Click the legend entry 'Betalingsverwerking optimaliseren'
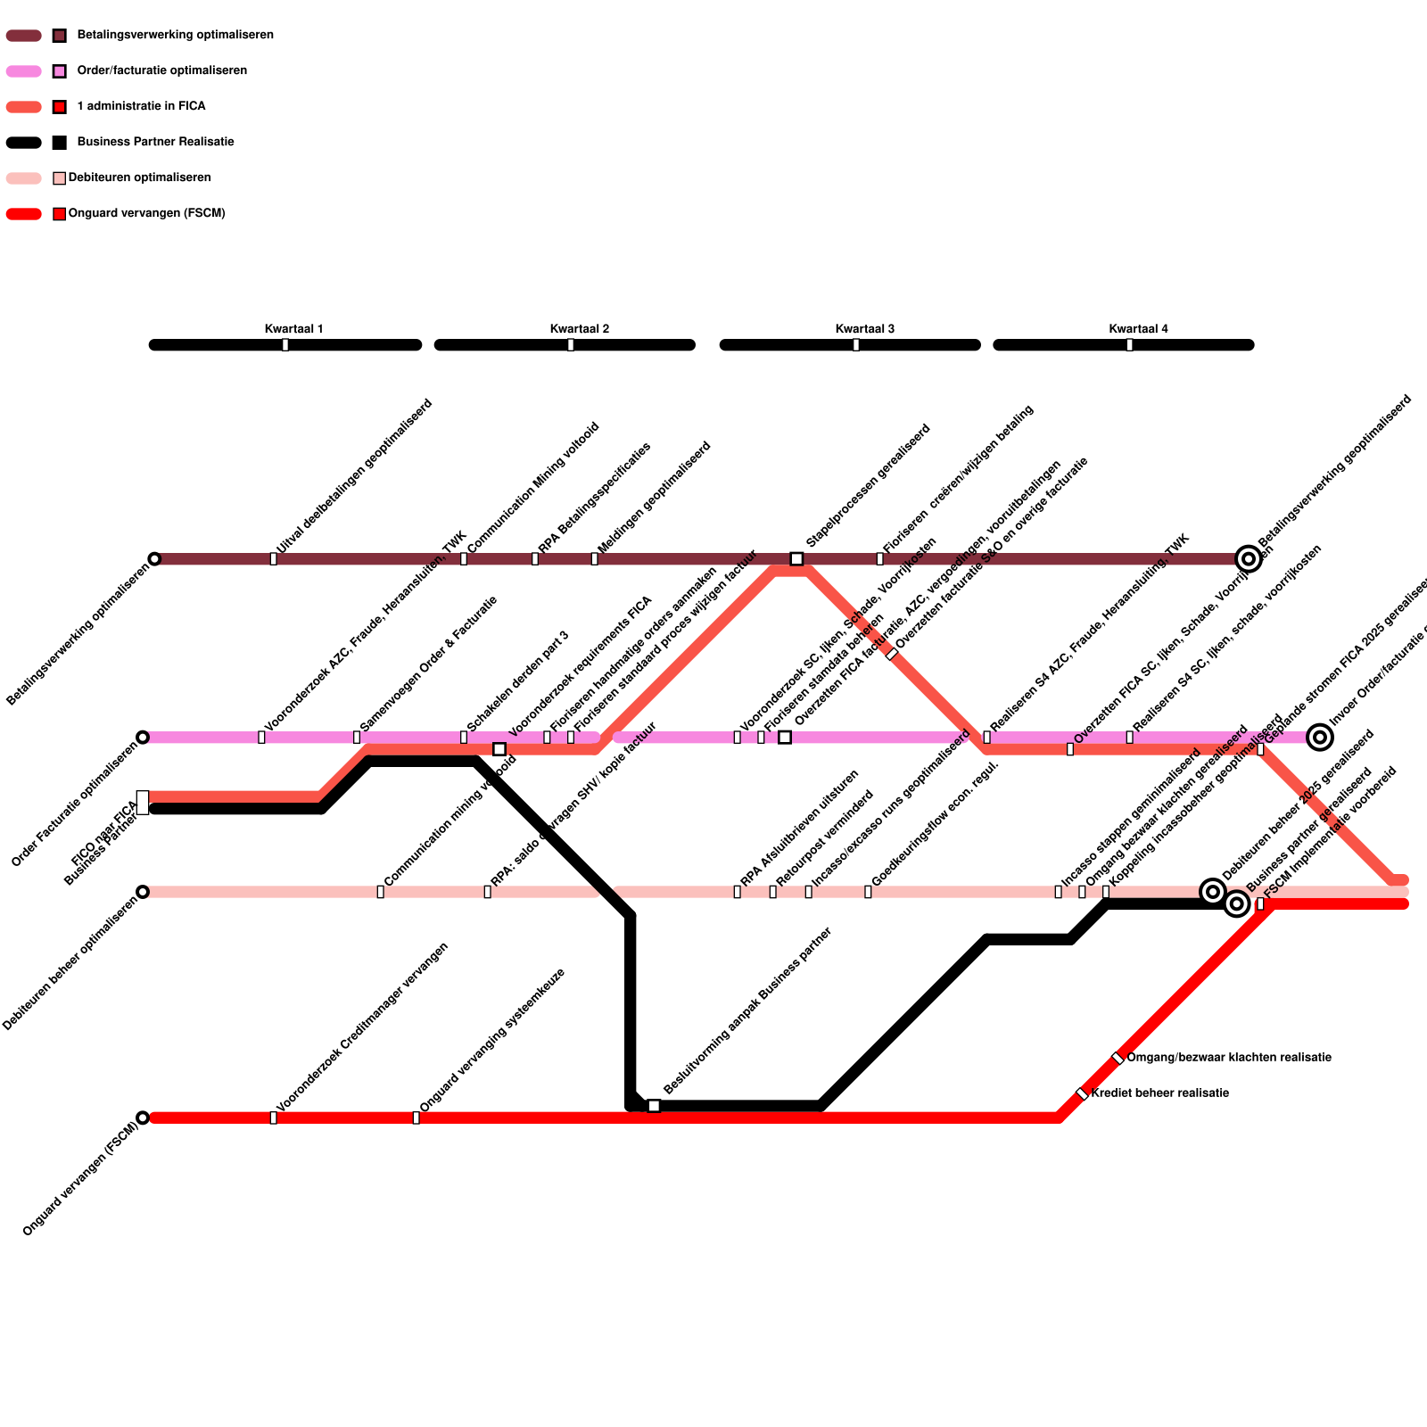pos(175,36)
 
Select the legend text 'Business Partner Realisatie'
pos(155,143)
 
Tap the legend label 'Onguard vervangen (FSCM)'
pos(146,214)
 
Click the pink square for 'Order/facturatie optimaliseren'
pos(60,71)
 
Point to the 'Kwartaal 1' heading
pos(293,329)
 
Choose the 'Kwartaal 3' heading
pos(864,329)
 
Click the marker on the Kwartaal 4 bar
pos(1129,345)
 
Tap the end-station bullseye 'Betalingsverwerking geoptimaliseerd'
pos(1249,559)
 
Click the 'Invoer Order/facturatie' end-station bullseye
pos(1320,738)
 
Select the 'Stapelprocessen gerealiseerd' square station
pos(796,559)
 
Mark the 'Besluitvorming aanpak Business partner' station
pos(654,1106)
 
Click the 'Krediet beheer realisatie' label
pos(1159,1093)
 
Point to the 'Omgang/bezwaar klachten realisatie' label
pos(1228,1058)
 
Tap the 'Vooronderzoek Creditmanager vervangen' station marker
pos(273,1118)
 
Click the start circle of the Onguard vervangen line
pos(143,1118)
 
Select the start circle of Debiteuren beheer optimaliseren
pos(143,892)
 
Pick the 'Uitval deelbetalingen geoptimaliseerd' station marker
pos(273,559)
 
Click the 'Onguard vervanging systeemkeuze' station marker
pos(416,1118)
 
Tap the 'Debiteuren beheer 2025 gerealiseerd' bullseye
pos(1213,891)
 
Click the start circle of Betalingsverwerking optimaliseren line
pos(154,559)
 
